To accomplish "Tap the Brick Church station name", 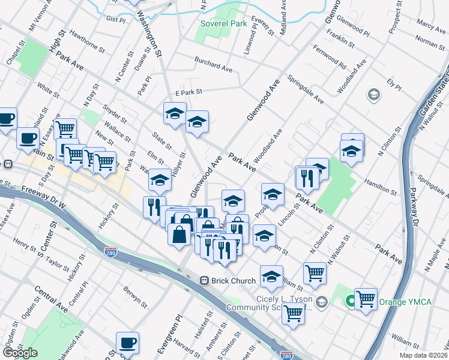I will click(235, 280).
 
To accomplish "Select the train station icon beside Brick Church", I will click(204, 280).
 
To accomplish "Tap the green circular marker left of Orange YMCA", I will click(349, 301).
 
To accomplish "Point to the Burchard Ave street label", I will click(212, 64).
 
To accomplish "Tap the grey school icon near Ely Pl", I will click(373, 95).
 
